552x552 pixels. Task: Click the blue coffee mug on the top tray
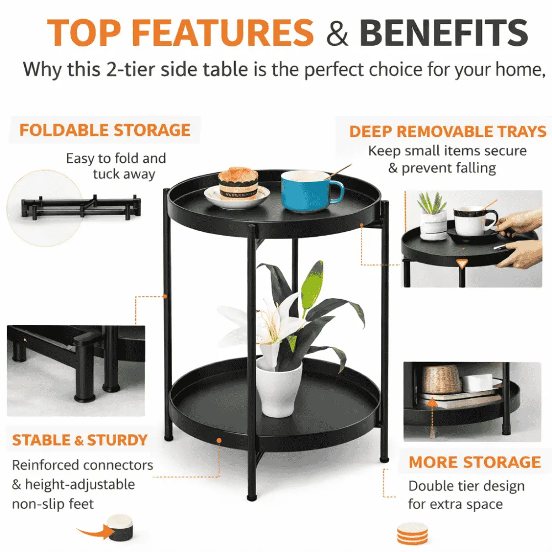tap(310, 191)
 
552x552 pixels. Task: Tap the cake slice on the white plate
tap(238, 183)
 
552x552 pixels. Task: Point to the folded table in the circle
tap(81, 207)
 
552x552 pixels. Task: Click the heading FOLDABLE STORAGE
tap(105, 130)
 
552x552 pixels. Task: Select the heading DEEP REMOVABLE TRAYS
tap(448, 132)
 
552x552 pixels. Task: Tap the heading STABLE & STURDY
tap(79, 440)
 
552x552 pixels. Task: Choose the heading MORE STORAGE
tap(475, 462)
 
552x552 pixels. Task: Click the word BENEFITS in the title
tap(444, 33)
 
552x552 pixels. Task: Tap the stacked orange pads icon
tap(412, 534)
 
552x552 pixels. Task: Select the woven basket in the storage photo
tap(442, 380)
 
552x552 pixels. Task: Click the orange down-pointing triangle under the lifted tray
tap(461, 264)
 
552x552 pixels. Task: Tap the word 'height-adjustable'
tap(80, 485)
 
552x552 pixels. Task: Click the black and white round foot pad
tap(121, 528)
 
